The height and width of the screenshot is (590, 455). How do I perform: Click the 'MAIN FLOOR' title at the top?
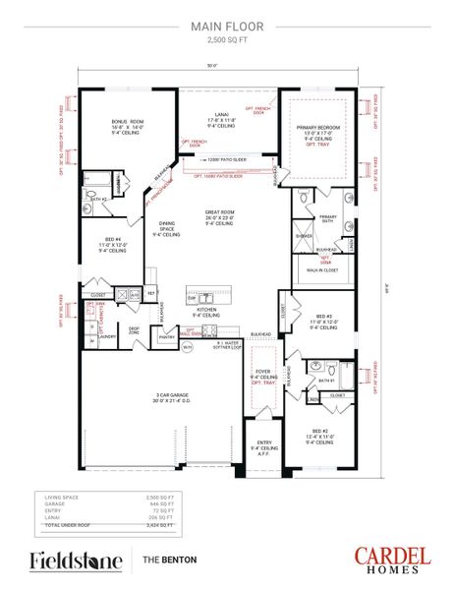tap(227, 29)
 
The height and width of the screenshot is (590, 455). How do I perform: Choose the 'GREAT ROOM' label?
tap(218, 212)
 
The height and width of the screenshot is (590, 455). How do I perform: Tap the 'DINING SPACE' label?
tap(165, 226)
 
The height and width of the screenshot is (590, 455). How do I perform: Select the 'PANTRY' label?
tap(166, 336)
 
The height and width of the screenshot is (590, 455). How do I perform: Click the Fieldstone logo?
tap(76, 560)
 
